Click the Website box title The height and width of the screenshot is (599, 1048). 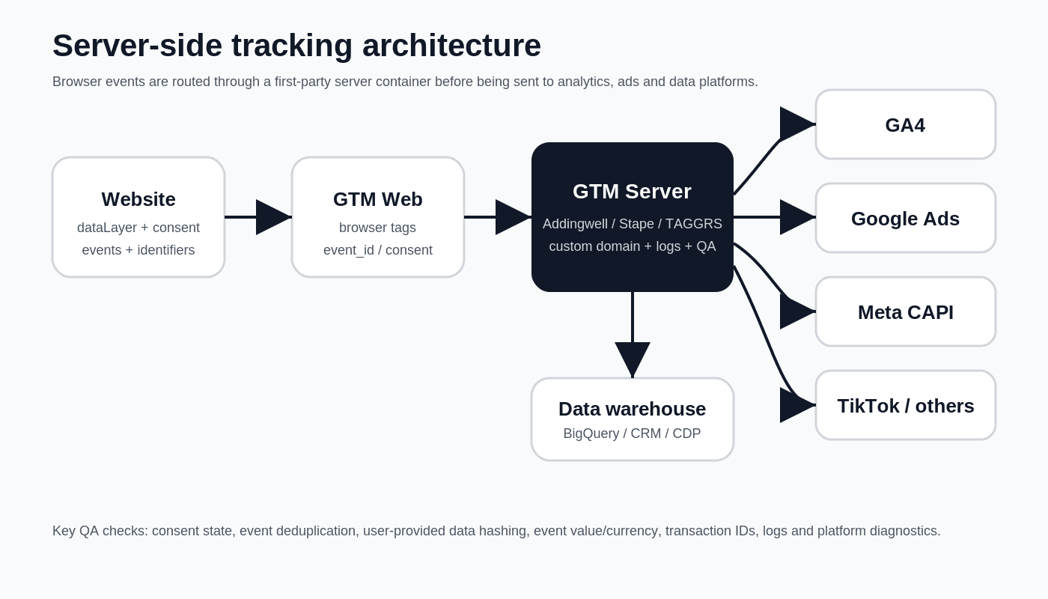(138, 199)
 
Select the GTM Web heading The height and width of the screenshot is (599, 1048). (378, 199)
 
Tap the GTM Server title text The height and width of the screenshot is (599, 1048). (632, 192)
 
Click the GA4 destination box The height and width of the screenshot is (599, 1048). (905, 124)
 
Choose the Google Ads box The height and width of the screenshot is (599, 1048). (905, 218)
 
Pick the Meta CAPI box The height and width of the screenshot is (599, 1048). (905, 311)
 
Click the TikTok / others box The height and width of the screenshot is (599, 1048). (905, 405)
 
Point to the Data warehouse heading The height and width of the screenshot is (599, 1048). (632, 409)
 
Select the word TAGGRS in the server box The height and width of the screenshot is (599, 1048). (694, 224)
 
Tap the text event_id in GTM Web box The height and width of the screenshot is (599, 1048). (349, 250)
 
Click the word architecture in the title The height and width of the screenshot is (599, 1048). (451, 46)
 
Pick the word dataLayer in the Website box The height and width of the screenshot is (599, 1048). (107, 228)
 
